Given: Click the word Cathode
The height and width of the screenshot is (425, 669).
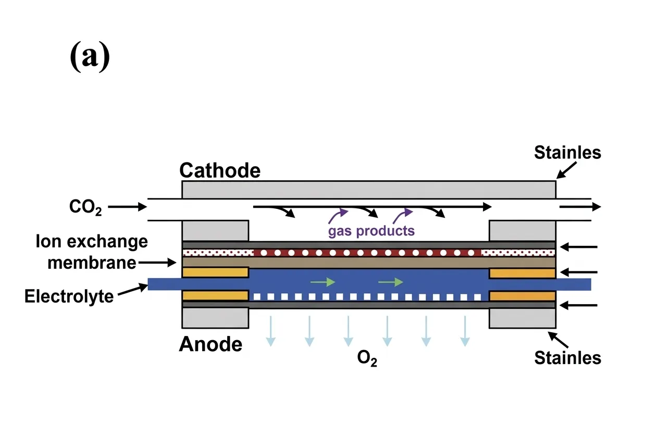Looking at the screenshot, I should click(219, 170).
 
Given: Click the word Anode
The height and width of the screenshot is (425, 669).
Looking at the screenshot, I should click(210, 344).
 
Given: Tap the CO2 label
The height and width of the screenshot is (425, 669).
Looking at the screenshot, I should click(85, 207).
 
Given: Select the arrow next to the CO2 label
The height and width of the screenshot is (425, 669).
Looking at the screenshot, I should click(128, 207).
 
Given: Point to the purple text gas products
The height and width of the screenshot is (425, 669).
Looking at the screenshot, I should click(371, 230).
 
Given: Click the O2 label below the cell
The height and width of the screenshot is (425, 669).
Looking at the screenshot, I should click(367, 360).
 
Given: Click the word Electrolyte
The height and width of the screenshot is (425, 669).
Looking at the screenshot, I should click(69, 296).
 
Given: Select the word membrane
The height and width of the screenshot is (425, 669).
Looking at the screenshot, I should click(92, 263).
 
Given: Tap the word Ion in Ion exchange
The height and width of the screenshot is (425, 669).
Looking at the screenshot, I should click(46, 242).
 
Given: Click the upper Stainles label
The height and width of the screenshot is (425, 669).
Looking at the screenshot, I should click(567, 153).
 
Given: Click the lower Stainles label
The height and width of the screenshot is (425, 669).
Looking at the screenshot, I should click(567, 358).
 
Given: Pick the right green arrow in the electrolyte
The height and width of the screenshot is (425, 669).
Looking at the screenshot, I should click(391, 282).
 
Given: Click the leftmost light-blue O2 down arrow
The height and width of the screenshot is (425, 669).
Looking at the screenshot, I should click(270, 331).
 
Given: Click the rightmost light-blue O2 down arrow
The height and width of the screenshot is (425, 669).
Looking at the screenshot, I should click(464, 331).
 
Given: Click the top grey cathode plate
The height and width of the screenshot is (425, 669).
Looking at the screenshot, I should click(368, 189).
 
